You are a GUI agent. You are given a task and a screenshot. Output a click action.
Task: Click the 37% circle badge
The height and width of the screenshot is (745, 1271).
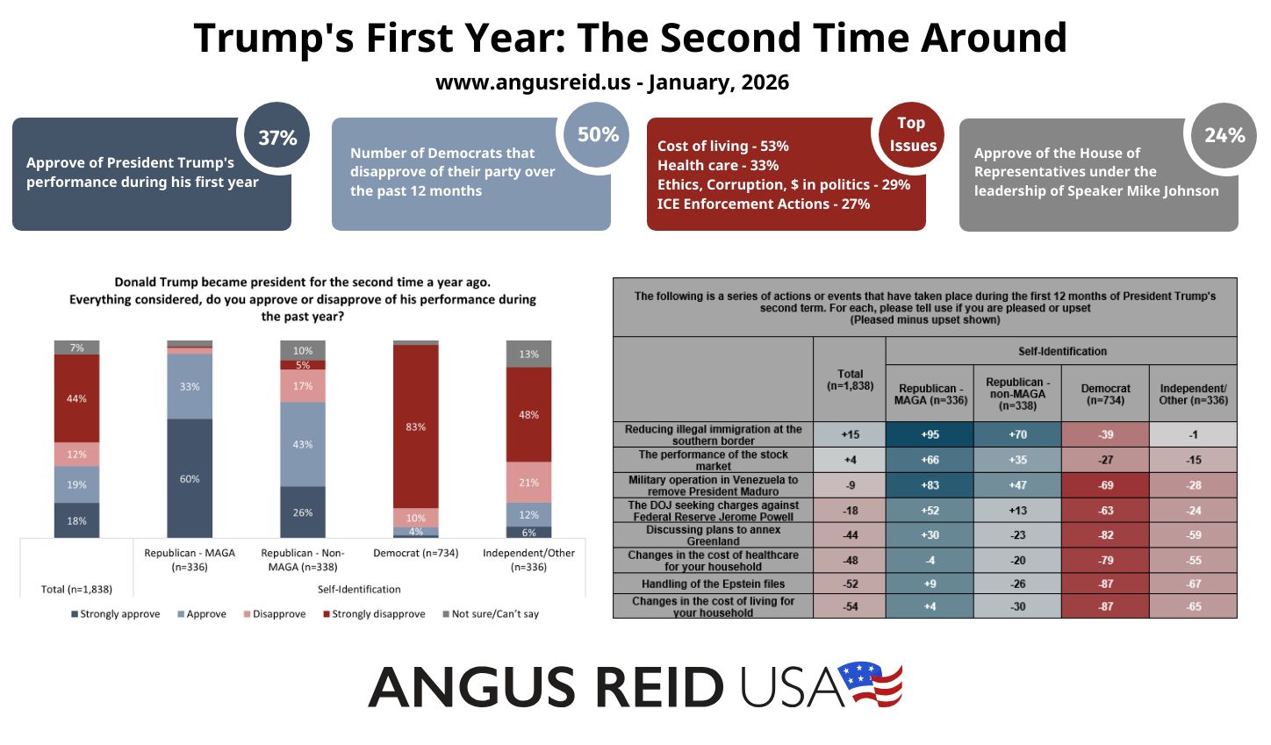point(276,137)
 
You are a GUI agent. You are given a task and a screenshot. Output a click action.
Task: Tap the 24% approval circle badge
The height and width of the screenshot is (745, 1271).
point(1224,135)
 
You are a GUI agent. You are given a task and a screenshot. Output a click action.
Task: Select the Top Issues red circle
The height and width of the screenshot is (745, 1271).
point(911,135)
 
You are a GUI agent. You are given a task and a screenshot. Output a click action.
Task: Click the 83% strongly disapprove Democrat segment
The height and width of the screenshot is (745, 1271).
point(415,426)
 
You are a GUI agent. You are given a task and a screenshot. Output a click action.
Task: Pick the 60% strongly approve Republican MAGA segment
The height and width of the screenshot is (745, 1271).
point(190,478)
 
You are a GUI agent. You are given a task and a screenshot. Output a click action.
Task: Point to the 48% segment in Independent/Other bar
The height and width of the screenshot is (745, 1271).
point(528,414)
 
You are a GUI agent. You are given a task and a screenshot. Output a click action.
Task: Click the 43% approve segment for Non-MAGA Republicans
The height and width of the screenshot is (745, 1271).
point(303,444)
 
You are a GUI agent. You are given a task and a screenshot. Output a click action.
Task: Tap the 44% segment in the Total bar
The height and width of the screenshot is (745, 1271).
point(76,398)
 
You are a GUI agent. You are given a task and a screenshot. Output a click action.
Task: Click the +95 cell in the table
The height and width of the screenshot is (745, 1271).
point(930,434)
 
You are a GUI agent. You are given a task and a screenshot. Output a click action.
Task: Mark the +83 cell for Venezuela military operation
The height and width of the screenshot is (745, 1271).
point(930,485)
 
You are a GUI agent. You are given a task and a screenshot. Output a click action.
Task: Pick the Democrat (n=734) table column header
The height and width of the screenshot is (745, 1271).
point(1105,394)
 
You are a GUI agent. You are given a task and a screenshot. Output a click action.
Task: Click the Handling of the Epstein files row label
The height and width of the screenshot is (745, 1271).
point(713,584)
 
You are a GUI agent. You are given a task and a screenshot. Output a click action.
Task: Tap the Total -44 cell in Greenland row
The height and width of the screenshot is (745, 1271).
point(850,535)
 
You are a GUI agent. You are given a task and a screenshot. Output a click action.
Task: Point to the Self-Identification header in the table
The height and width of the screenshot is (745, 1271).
point(1062,351)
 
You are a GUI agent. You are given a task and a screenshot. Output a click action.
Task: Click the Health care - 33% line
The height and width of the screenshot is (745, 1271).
point(717,165)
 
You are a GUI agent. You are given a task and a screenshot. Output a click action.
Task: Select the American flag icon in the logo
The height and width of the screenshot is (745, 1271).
point(869,684)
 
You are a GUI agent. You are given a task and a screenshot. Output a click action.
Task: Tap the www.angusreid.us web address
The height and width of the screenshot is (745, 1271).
point(533,82)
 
